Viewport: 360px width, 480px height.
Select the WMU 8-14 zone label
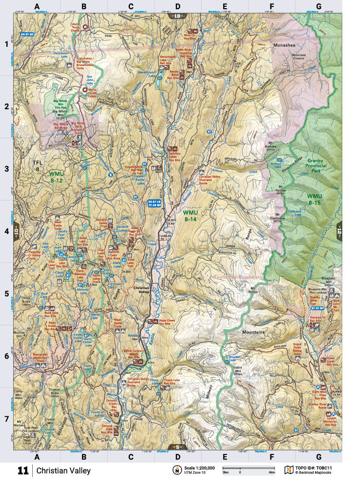tap(195, 215)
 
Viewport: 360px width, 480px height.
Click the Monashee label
tap(285, 45)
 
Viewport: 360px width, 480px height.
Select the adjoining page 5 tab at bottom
tap(176, 447)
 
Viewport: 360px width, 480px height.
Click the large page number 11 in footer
tap(23, 470)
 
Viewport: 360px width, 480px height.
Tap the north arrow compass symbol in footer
tap(175, 470)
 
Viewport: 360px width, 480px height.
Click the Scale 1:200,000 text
tap(197, 468)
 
